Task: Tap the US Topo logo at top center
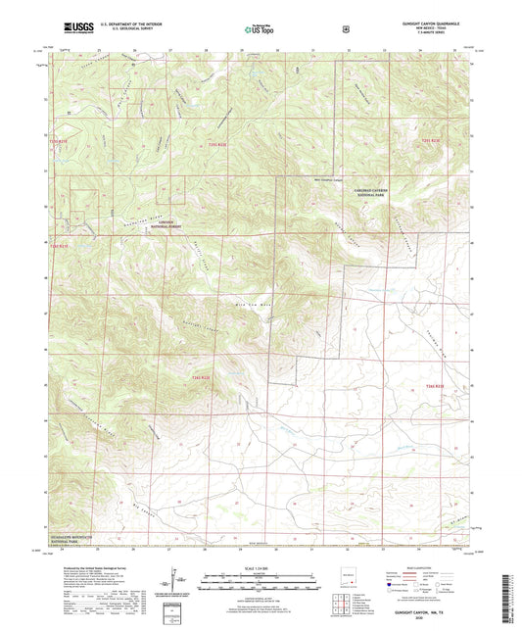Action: [258, 30]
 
